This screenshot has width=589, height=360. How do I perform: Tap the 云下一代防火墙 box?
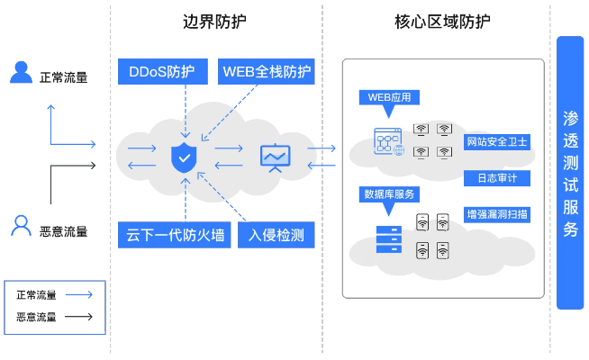[176, 236]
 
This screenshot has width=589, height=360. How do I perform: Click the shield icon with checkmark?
[184, 157]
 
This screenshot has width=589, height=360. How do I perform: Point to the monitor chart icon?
[274, 157]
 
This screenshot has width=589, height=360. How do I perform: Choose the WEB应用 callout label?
[389, 97]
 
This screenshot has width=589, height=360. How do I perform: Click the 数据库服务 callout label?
[389, 193]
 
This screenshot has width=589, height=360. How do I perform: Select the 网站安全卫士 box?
[497, 142]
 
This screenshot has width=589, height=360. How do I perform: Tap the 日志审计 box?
[497, 178]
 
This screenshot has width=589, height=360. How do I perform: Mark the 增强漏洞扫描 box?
[497, 214]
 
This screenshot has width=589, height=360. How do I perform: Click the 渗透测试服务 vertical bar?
[570, 173]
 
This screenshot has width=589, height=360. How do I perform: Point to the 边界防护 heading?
[216, 22]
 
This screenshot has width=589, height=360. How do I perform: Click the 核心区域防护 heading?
[442, 22]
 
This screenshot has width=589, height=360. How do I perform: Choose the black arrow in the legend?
[78, 317]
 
